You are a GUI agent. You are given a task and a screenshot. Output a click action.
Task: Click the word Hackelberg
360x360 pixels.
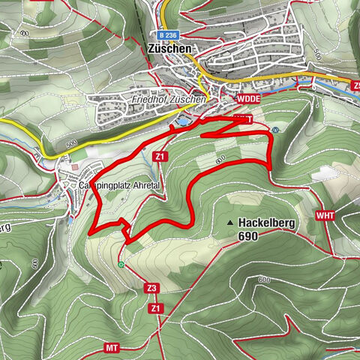tap(267, 223)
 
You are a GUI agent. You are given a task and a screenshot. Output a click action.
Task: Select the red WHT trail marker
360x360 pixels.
tap(325, 215)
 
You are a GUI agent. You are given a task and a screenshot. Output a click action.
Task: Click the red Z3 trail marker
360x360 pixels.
tap(151, 288)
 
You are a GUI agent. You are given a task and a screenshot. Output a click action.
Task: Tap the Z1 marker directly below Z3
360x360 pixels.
tap(155, 307)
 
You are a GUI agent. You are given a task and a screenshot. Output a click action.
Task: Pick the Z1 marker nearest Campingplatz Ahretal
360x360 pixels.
tap(159, 156)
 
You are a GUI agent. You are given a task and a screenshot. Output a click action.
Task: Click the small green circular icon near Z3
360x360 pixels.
tap(121, 263)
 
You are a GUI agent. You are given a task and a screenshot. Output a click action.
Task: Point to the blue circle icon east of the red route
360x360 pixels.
tap(275, 129)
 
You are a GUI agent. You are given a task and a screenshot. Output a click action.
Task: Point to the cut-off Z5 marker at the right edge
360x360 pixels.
tap(355, 84)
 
